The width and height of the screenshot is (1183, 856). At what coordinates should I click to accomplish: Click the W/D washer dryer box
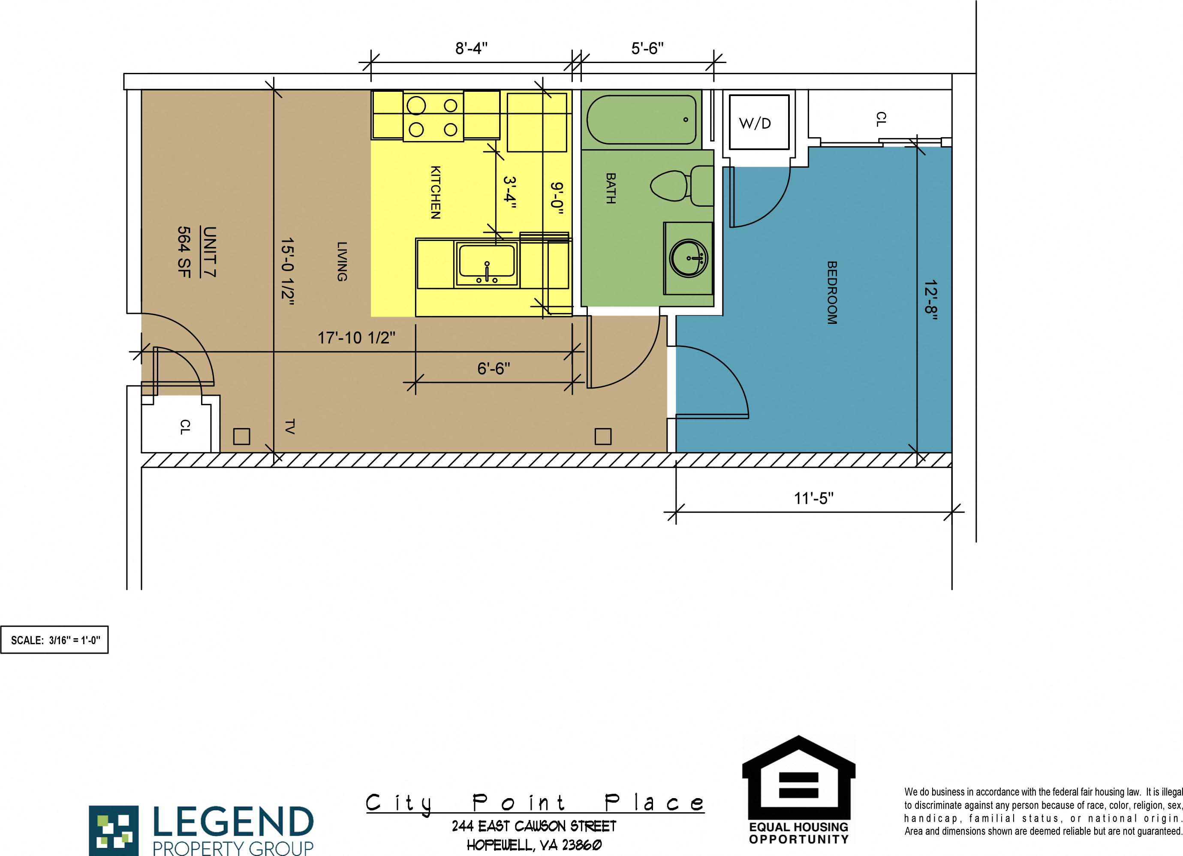(759, 123)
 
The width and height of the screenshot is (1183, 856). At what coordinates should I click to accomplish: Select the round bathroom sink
(689, 258)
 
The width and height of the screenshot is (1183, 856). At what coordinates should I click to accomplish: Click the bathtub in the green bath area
(641, 120)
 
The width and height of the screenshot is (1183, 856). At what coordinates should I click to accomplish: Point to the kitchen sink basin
(486, 263)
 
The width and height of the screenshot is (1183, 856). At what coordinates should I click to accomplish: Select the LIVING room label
(342, 261)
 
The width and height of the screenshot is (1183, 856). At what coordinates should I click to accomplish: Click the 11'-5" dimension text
(814, 499)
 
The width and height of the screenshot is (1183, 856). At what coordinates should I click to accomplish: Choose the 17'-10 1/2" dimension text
(356, 338)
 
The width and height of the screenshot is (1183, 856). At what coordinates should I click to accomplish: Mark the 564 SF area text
(184, 251)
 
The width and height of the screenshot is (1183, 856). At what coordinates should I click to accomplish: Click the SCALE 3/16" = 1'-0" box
(55, 640)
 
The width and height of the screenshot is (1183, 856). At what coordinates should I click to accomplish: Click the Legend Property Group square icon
(113, 830)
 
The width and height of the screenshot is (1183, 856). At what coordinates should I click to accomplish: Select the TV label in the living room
(290, 426)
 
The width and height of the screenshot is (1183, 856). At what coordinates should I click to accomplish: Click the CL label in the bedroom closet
(880, 119)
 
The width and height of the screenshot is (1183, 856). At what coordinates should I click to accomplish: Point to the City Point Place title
(535, 803)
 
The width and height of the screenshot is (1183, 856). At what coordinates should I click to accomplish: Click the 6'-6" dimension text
(494, 369)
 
